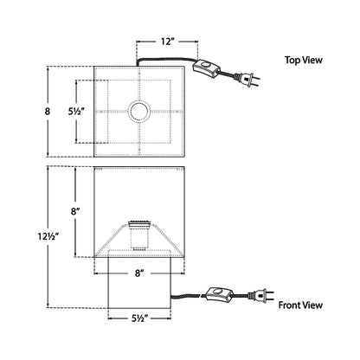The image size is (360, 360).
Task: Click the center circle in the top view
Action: click(x=139, y=111)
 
